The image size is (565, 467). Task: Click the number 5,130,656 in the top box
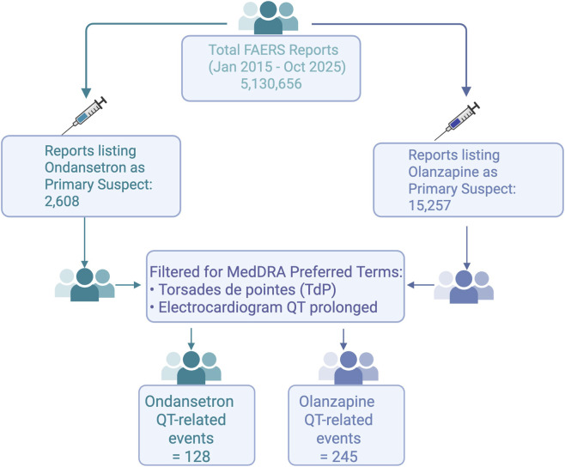pyautogui.click(x=271, y=83)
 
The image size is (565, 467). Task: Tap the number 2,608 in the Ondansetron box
pyautogui.click(x=62, y=201)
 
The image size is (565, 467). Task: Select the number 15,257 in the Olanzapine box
pyautogui.click(x=429, y=205)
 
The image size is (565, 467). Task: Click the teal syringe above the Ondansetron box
pyautogui.click(x=85, y=115)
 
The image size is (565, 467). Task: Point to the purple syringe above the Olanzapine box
pyautogui.click(x=458, y=121)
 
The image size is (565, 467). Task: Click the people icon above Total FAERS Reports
pyautogui.click(x=268, y=17)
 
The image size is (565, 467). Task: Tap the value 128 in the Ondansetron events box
pyautogui.click(x=197, y=457)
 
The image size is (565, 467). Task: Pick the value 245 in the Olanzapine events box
pyautogui.click(x=345, y=457)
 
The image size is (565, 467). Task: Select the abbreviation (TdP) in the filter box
pyautogui.click(x=318, y=289)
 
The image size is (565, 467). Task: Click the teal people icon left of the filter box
pyautogui.click(x=85, y=285)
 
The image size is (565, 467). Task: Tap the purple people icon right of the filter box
pyautogui.click(x=464, y=287)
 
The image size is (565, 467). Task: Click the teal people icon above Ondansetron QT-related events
pyautogui.click(x=191, y=367)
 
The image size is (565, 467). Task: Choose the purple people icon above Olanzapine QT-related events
pyautogui.click(x=349, y=367)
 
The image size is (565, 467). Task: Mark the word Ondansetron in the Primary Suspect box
pyautogui.click(x=94, y=167)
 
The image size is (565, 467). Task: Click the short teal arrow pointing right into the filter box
pyautogui.click(x=128, y=285)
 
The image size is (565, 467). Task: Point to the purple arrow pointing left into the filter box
pyautogui.click(x=421, y=285)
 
